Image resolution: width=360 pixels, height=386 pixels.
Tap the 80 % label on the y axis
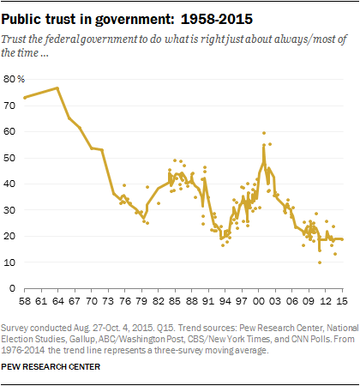tap(15, 79)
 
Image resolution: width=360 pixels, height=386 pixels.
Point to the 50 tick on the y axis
tap(10, 158)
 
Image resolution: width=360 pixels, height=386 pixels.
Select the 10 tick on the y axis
tap(10, 262)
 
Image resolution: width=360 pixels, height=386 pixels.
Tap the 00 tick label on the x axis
tap(260, 302)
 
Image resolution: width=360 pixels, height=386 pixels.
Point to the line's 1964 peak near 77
tap(57, 87)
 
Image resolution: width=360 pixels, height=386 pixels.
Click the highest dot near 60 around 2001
tap(263, 133)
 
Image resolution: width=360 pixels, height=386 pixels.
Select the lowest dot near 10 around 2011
tap(320, 262)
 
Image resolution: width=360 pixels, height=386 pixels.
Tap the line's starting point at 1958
tap(24, 98)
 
